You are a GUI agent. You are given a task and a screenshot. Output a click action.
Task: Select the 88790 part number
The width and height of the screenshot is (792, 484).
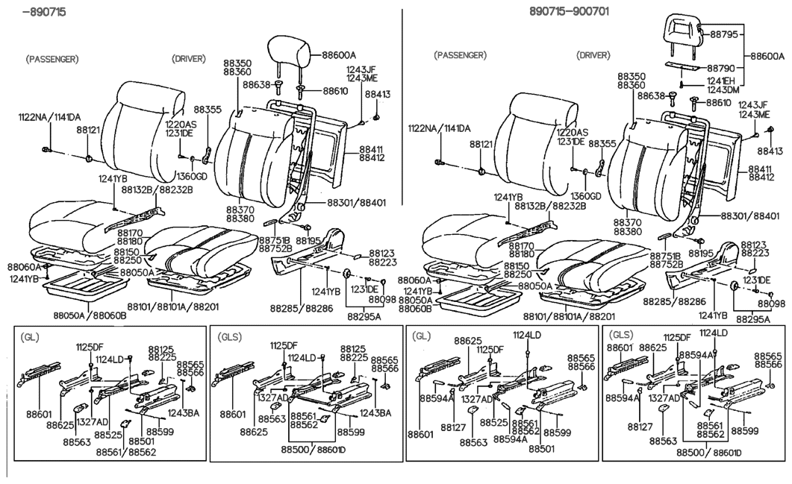click(723, 67)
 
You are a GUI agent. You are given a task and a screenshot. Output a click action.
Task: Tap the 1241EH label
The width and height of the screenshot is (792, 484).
click(723, 81)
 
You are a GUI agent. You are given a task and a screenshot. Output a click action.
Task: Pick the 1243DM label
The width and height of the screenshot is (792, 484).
click(723, 90)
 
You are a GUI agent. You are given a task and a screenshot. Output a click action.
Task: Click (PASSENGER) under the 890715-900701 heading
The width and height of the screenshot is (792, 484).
click(460, 55)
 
